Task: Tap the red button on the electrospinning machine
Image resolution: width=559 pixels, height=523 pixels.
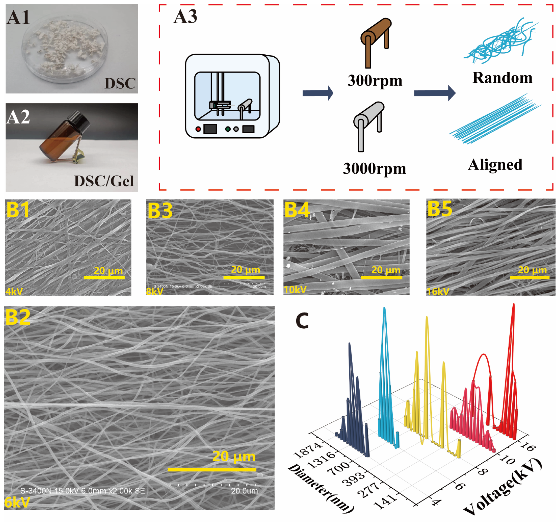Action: click(x=198, y=129)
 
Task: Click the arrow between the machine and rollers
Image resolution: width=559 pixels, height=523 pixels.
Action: click(x=318, y=93)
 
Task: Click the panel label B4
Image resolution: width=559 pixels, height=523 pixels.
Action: click(x=297, y=210)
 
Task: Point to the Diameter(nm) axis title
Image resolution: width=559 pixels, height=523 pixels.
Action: click(x=321, y=488)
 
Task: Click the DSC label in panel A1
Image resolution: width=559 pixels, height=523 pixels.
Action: click(x=120, y=84)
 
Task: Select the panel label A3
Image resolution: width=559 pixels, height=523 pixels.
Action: click(x=185, y=17)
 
